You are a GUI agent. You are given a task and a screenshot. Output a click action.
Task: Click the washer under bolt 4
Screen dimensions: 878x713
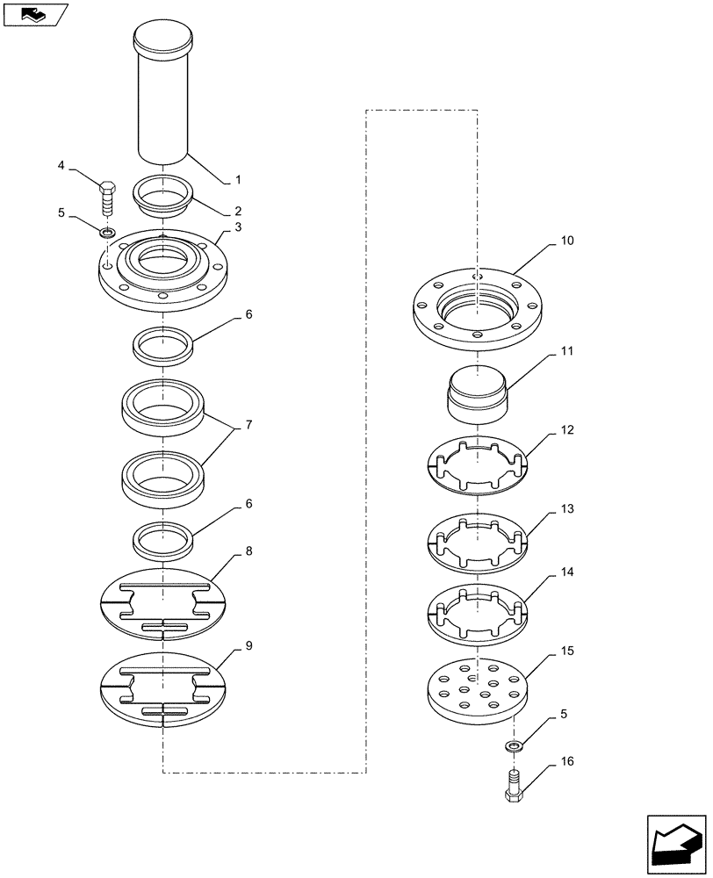[x=106, y=233]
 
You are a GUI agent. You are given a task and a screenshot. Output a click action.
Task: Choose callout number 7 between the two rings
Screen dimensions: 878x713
[x=248, y=425]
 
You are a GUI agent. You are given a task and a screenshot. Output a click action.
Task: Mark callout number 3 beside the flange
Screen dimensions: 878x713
[x=237, y=227]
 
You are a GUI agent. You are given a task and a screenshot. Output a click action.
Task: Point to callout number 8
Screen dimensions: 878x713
[x=248, y=551]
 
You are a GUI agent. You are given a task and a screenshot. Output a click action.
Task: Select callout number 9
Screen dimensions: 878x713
[x=248, y=646]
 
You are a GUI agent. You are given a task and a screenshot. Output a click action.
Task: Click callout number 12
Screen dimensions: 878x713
[x=567, y=430]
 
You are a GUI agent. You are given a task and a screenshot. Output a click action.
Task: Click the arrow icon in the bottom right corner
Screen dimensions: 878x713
[x=674, y=843]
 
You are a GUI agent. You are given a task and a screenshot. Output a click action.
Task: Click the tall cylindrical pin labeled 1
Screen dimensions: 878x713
[x=162, y=97]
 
